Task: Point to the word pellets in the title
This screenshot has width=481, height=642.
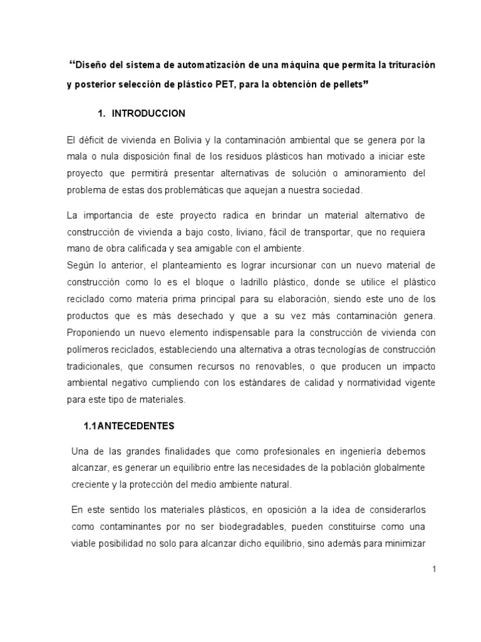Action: [344, 85]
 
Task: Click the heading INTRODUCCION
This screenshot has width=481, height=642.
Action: [148, 113]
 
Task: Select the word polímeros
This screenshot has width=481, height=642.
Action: [86, 347]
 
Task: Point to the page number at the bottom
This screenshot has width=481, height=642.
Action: [433, 569]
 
